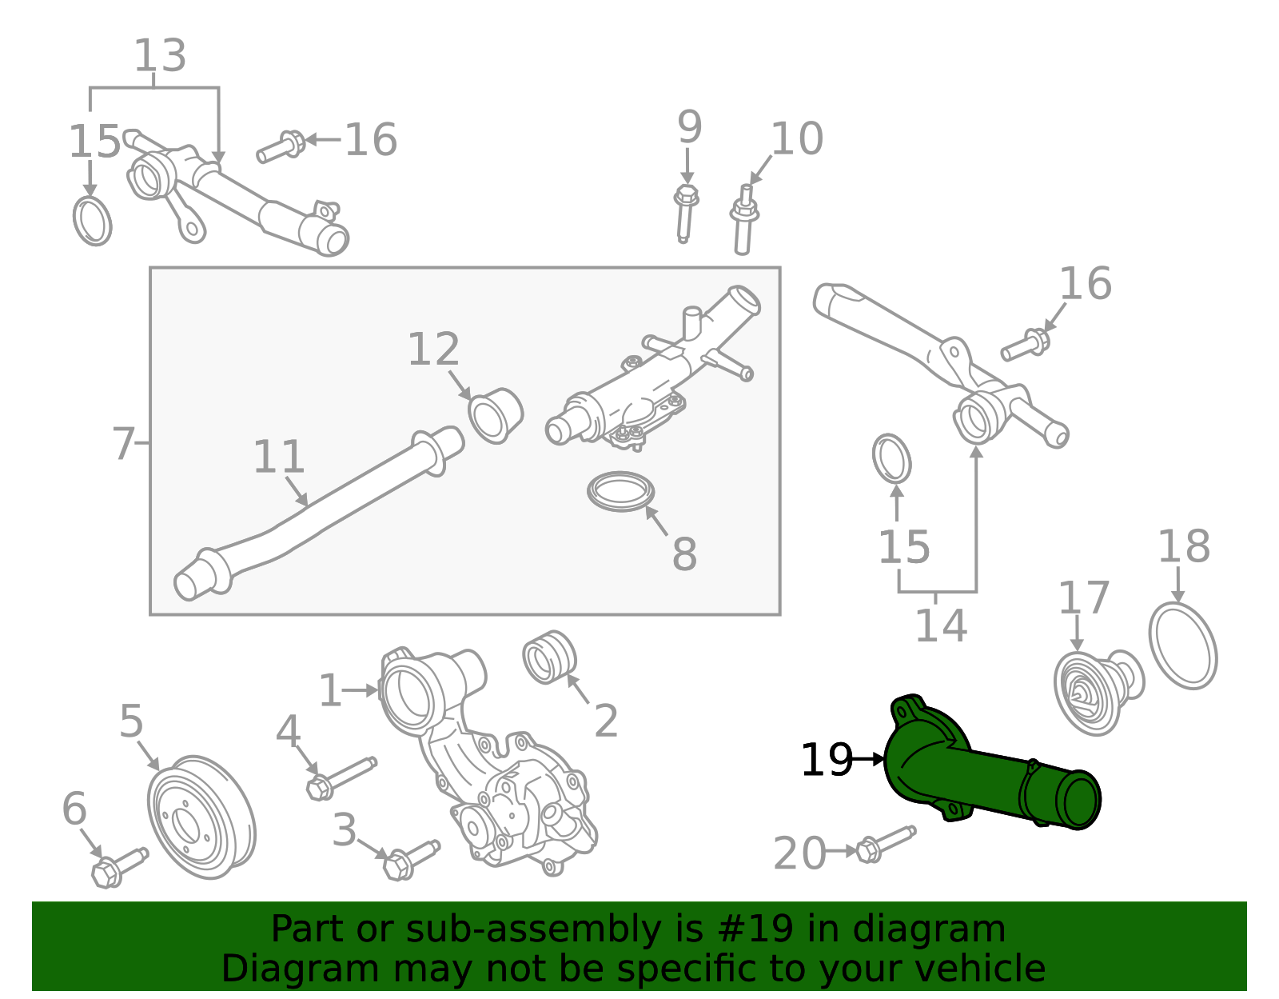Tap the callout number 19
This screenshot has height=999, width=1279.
[827, 760]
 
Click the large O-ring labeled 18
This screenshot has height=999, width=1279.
[1183, 646]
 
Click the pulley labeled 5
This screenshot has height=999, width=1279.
[201, 817]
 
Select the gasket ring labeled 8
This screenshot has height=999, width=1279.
[620, 491]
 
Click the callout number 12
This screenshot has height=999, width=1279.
[433, 350]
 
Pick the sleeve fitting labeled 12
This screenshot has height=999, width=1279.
[496, 415]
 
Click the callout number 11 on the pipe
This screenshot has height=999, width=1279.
[279, 457]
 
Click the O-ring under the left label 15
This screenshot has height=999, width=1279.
[93, 221]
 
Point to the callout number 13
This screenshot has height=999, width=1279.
[160, 56]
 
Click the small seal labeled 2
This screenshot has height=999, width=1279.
[549, 657]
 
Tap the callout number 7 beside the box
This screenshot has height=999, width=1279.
[123, 444]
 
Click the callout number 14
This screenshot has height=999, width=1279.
[940, 625]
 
